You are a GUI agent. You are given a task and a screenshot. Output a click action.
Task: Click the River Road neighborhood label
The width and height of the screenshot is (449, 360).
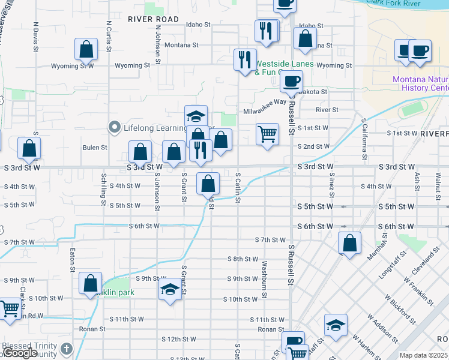153,19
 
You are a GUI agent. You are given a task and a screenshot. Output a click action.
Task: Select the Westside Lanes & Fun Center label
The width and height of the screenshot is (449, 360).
279,68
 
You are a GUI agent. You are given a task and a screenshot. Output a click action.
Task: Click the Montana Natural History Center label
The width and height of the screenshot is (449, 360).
420,84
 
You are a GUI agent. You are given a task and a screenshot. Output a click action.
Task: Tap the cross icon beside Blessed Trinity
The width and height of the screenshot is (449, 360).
67,348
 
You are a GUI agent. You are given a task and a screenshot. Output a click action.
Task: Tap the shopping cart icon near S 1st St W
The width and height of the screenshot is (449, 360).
267,133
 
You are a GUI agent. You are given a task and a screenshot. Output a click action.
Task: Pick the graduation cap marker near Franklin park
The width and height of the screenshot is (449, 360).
170,290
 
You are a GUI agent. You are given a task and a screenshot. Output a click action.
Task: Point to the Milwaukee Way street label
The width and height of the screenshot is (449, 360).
265,103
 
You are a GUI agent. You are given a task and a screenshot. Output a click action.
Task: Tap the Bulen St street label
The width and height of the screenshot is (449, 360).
95,147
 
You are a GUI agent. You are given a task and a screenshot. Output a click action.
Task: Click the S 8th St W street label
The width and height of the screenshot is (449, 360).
243,259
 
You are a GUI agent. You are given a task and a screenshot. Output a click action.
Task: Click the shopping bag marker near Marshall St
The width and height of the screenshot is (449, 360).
350,242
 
